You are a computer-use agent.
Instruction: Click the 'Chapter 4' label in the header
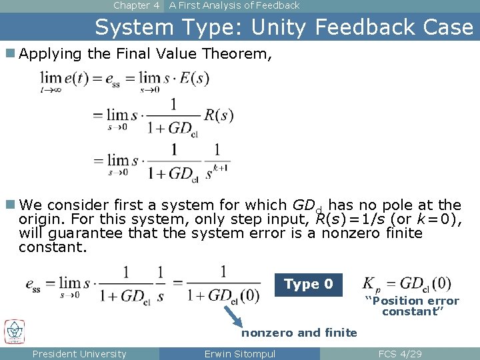pos(136,5)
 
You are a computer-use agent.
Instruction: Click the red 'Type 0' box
pos(309,285)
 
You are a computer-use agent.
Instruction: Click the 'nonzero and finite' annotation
pos(299,333)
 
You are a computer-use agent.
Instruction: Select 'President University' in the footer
pos(79,354)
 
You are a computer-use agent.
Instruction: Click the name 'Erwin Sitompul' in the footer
pos(240,354)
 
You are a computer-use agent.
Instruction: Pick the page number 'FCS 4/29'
pos(400,354)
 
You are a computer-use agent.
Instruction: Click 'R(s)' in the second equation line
pos(219,115)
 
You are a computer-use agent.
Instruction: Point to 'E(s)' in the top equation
pos(193,79)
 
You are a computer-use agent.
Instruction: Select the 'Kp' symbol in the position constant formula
pos(372,285)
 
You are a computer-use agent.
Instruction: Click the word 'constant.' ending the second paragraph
pos(53,247)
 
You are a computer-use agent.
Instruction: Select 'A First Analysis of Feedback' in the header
pos(234,5)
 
